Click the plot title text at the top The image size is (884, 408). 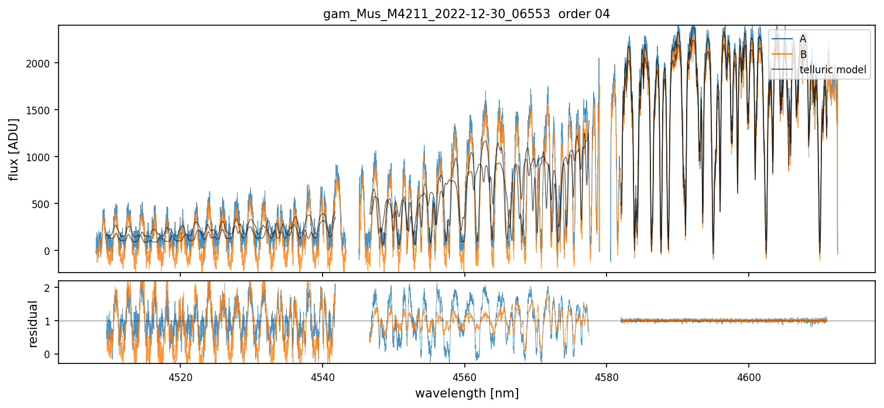pyautogui.click(x=467, y=14)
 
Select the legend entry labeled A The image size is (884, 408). pyautogui.click(x=803, y=39)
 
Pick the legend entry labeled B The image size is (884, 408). pyautogui.click(x=803, y=55)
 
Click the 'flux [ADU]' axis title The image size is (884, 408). pyautogui.click(x=13, y=149)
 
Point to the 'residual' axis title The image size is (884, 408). pyautogui.click(x=33, y=324)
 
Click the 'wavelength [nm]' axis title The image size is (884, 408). pyautogui.click(x=467, y=393)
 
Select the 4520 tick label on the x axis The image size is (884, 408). pyautogui.click(x=180, y=376)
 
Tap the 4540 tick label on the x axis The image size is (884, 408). pyautogui.click(x=323, y=376)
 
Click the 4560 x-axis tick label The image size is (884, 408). pyautogui.click(x=464, y=376)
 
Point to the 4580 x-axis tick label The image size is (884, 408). pyautogui.click(x=607, y=376)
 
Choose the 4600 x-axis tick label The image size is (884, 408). pyautogui.click(x=749, y=376)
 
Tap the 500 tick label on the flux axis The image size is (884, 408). pyautogui.click(x=41, y=204)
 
